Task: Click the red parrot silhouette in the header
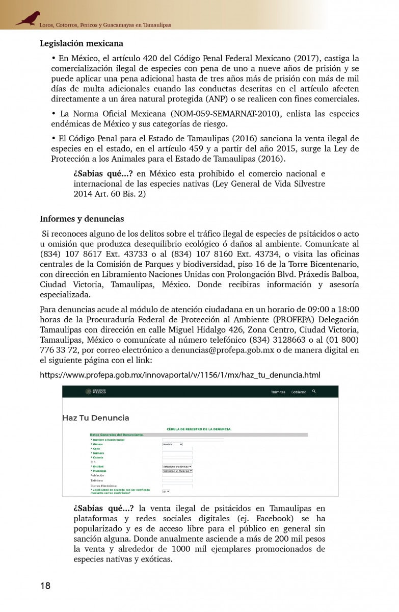pos(28,18)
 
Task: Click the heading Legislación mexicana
pos(82,44)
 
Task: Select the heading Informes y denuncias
pos(82,219)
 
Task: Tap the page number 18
pos(45,585)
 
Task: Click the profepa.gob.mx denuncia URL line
pos(180,375)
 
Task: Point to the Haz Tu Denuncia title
pos(96,418)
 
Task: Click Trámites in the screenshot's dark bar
pos(278,392)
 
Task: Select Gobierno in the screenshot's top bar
pos(299,392)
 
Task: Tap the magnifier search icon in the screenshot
pos(314,391)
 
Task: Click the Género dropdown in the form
pos(172,444)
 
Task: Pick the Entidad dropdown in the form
pos(177,467)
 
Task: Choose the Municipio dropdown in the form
pos(177,471)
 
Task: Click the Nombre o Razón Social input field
pos(193,440)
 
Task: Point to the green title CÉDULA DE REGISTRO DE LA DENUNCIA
pos(199,429)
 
